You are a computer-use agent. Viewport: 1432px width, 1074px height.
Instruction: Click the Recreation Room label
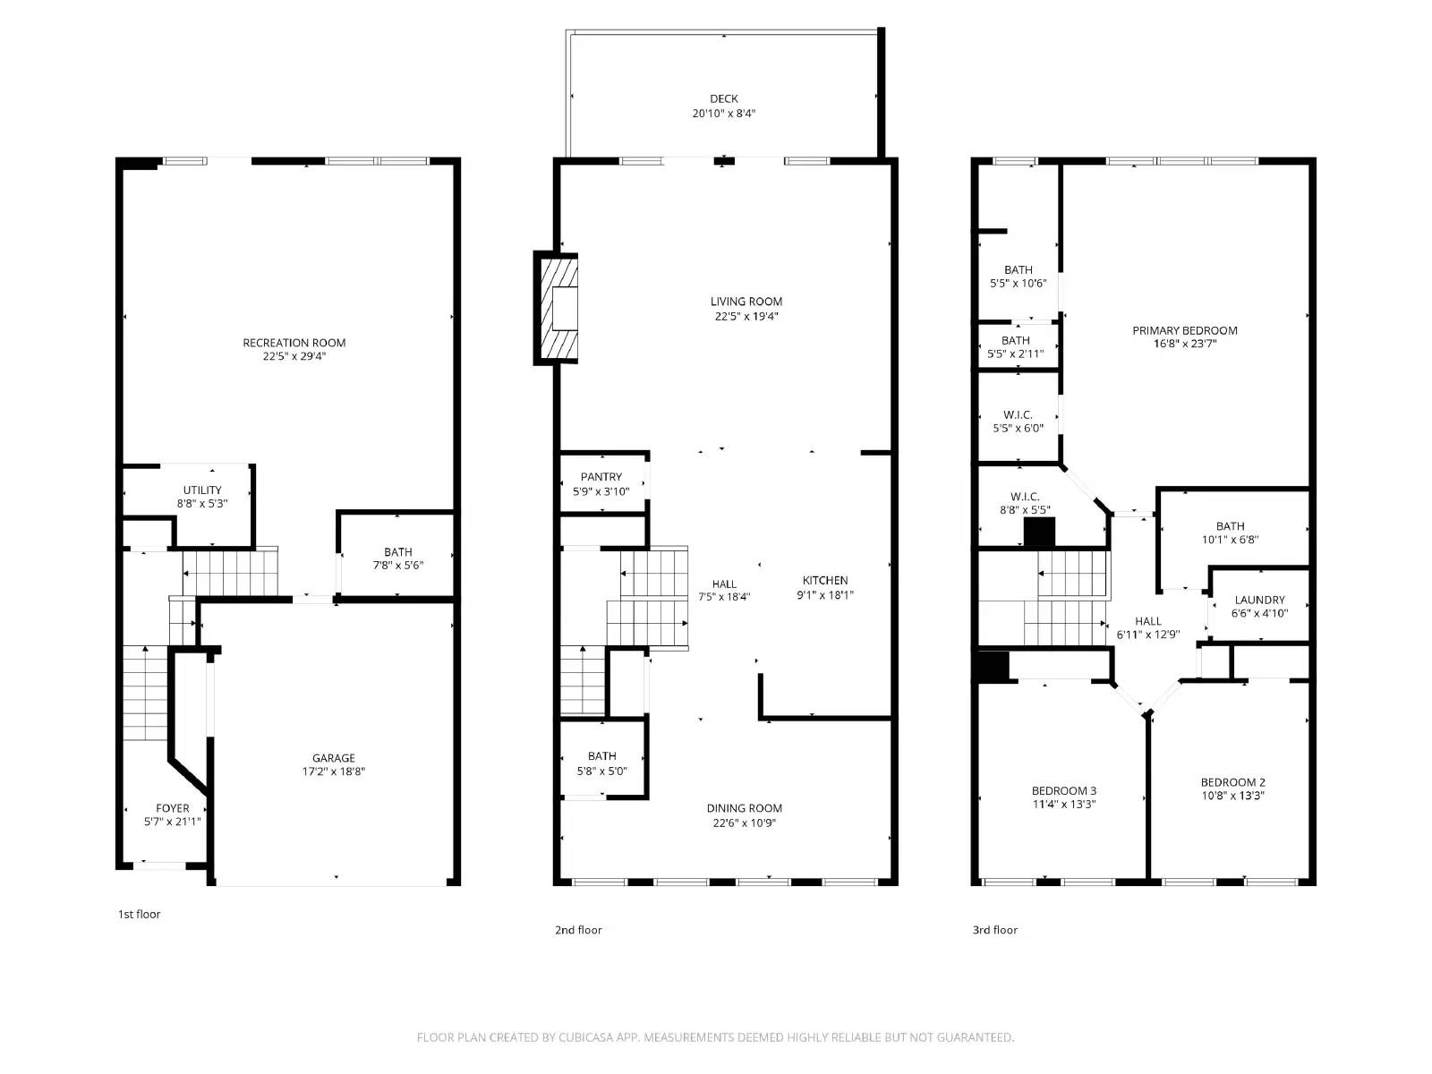pyautogui.click(x=294, y=343)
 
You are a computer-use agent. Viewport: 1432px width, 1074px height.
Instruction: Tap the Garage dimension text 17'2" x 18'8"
pyautogui.click(x=333, y=771)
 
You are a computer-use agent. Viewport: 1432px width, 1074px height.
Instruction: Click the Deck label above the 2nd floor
pyautogui.click(x=723, y=99)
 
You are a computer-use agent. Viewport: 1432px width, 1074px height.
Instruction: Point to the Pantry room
pyautogui.click(x=601, y=483)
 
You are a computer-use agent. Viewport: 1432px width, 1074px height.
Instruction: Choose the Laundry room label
pyautogui.click(x=1259, y=601)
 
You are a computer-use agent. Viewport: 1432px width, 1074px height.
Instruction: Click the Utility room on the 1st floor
pyautogui.click(x=202, y=496)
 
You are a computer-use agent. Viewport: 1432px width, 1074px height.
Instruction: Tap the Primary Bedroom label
pyautogui.click(x=1184, y=331)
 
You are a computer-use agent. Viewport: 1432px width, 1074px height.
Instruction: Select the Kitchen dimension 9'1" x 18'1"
pyautogui.click(x=824, y=595)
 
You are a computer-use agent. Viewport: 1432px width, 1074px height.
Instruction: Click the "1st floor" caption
pyautogui.click(x=139, y=914)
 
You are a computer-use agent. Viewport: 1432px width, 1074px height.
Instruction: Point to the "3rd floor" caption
pyautogui.click(x=994, y=930)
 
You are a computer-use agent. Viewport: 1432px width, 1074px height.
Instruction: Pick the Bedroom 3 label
pyautogui.click(x=1063, y=791)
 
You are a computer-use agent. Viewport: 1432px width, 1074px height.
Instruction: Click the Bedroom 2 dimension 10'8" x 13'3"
pyautogui.click(x=1232, y=796)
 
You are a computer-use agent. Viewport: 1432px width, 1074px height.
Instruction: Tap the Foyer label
pyautogui.click(x=172, y=808)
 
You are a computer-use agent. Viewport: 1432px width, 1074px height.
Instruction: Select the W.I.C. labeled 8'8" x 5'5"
pyautogui.click(x=1025, y=503)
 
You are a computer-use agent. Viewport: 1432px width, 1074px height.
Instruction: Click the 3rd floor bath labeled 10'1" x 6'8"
pyautogui.click(x=1230, y=533)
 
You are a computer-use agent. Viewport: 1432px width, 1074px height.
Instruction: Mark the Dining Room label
pyautogui.click(x=744, y=808)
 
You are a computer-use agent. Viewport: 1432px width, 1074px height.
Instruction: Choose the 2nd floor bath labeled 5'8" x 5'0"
pyautogui.click(x=601, y=763)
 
